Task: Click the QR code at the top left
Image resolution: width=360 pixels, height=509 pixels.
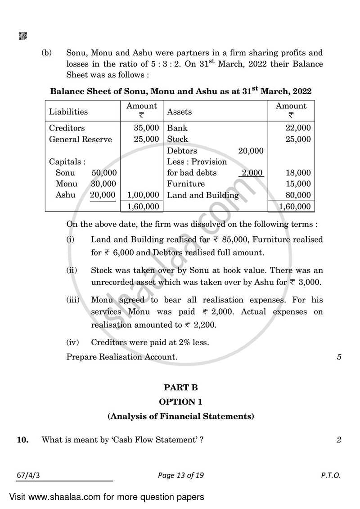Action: pos(22,36)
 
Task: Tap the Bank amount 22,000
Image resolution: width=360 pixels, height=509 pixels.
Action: pos(298,128)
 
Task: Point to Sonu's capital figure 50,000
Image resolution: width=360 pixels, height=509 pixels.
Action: pos(104,173)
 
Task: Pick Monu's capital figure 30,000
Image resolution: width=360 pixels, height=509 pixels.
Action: pos(104,184)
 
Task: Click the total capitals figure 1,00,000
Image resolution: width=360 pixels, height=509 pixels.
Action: pos(143,195)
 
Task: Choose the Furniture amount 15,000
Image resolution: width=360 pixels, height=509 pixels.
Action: pos(298,184)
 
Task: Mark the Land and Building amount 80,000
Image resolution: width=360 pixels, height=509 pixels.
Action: pos(298,195)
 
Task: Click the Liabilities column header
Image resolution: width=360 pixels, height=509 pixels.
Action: pos(68,112)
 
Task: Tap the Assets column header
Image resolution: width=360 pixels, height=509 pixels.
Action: pos(179,112)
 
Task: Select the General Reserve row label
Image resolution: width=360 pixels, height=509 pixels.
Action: pos(80,140)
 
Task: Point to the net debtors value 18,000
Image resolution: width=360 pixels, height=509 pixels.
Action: pos(298,173)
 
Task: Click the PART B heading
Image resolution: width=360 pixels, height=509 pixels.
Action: pos(180,387)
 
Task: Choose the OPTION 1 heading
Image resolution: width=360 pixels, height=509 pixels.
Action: pos(180,402)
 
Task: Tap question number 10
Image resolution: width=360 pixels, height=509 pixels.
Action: pos(22,440)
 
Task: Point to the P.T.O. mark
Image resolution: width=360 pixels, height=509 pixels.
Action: pos(331,475)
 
